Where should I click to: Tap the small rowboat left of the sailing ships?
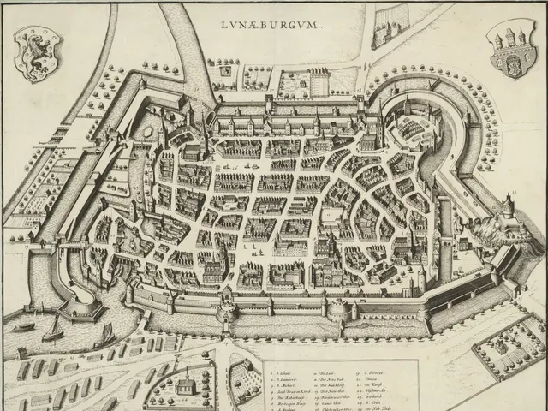(23, 327)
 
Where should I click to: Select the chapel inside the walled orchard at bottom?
(182, 387)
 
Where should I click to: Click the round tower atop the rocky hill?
(508, 205)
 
